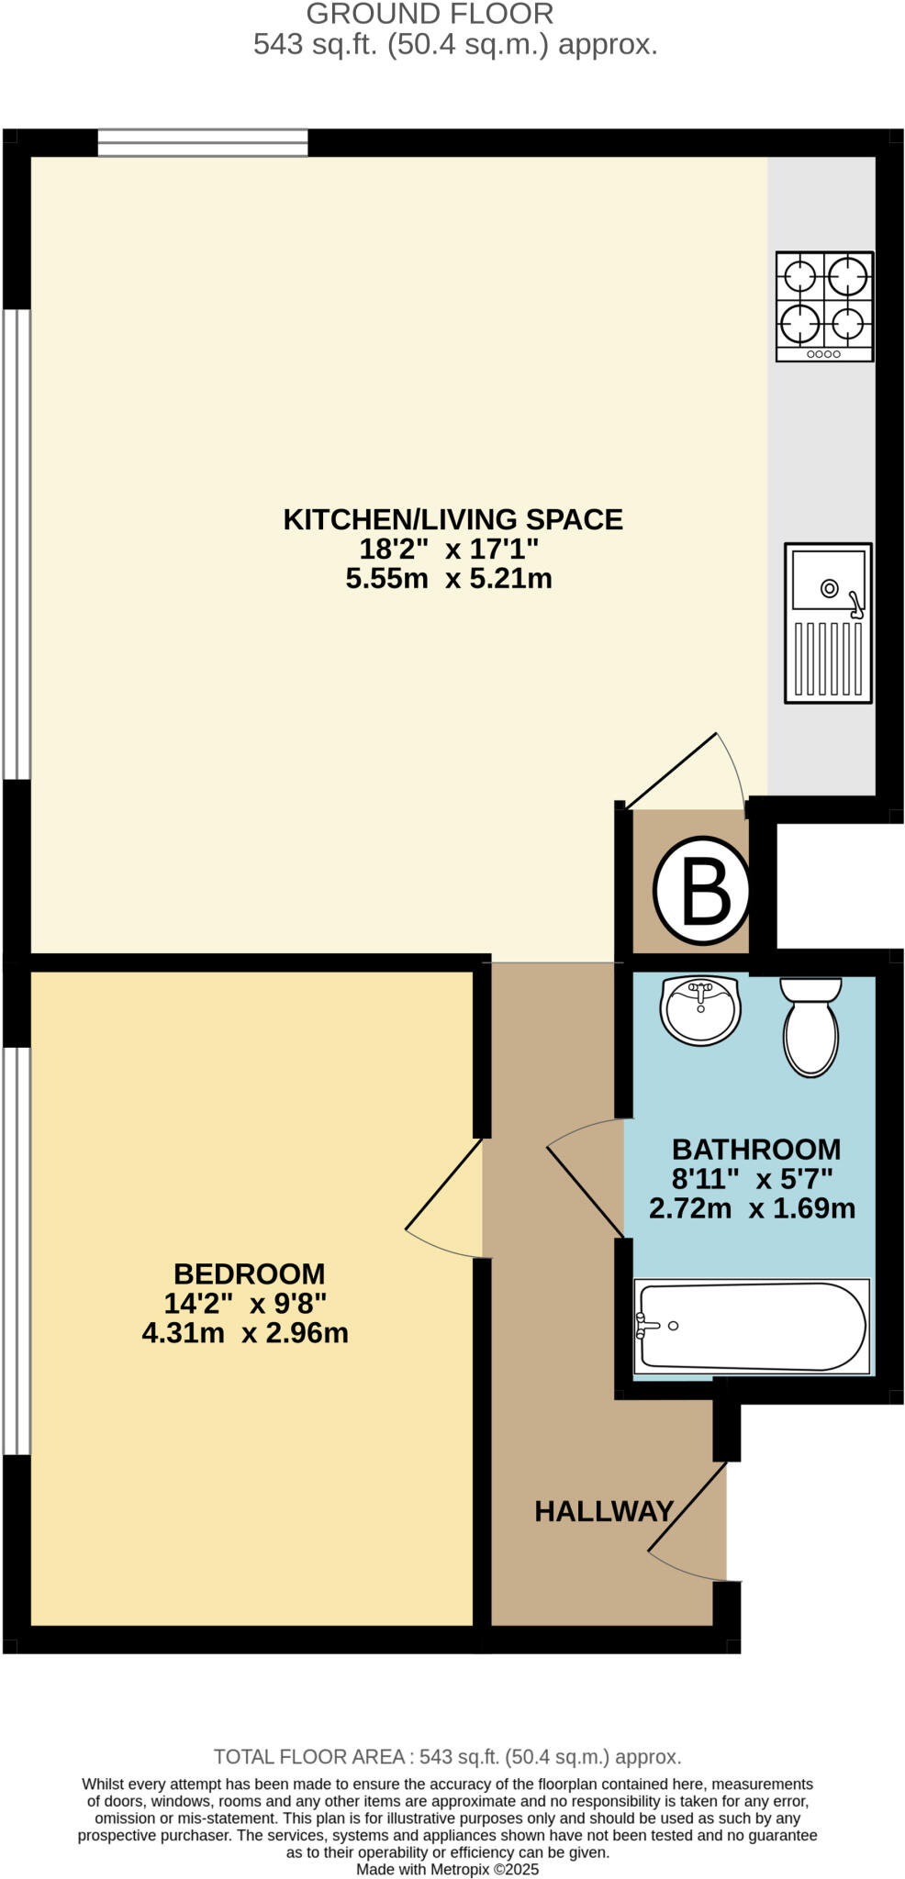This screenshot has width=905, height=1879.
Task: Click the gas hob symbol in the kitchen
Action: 823,306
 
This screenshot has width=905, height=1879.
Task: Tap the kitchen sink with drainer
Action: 827,623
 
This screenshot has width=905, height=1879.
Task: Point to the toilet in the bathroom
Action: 810,1025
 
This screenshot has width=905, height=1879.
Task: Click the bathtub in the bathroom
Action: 752,1327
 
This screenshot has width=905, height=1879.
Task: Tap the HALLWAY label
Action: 604,1511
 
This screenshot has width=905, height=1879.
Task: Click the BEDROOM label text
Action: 249,1273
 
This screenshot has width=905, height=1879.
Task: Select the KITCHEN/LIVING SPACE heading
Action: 452,519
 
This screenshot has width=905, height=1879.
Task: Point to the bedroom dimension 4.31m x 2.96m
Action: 245,1332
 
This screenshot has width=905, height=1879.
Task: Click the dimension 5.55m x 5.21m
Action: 448,578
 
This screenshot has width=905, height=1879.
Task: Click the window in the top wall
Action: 202,142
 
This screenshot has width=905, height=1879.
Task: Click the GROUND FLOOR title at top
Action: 430,14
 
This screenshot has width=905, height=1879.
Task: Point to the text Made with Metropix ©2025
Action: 447,1869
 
